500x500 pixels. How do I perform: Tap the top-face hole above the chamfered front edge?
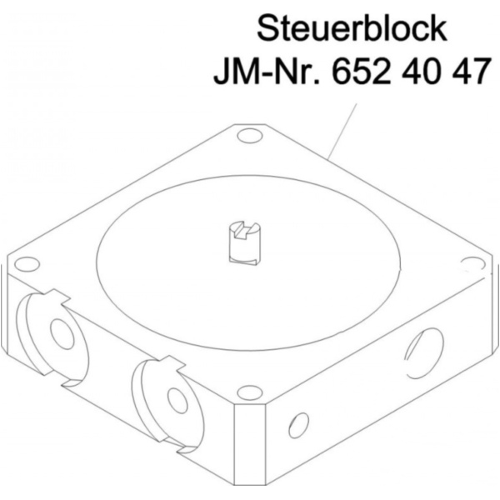click(x=248, y=392)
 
